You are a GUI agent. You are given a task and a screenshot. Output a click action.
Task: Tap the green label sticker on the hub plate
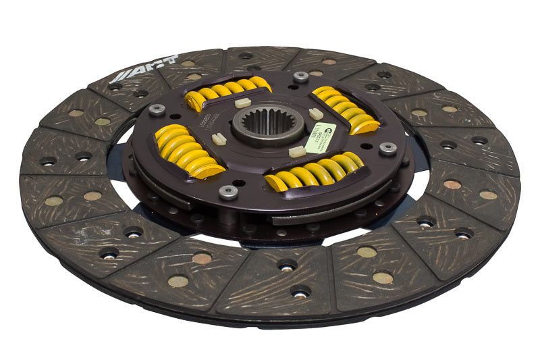pos(321,138)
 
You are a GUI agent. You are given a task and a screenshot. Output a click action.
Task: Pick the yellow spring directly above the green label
pos(345,109)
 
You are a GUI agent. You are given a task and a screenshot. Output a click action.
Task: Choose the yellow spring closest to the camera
pos(316,172)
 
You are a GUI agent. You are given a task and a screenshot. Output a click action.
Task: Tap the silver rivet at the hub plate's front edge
pos(229,192)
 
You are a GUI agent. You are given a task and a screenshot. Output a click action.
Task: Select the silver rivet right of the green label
pos(387,147)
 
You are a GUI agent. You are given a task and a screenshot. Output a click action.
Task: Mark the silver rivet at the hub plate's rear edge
pos(301,77)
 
